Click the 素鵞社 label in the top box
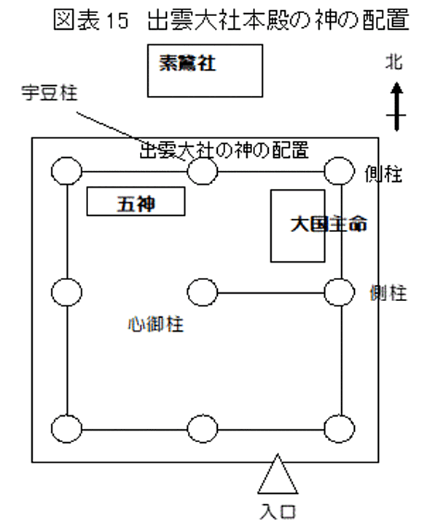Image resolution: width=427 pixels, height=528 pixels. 187,63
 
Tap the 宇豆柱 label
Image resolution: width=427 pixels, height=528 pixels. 50,92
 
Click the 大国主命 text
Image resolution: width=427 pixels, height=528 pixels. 329,224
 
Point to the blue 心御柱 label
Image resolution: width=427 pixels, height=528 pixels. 156,324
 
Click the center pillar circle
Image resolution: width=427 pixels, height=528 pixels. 203,292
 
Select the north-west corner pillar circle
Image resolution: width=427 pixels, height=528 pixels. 67,171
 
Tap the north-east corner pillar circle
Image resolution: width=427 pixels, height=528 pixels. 340,171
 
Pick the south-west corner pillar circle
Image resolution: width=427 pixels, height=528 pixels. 67,428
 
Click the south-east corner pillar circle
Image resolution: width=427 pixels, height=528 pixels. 340,428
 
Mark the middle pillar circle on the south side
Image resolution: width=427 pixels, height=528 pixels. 203,428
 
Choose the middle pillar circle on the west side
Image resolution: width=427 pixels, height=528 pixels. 67,292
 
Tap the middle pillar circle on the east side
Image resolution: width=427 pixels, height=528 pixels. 340,292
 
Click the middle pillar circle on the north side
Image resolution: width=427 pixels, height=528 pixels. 203,171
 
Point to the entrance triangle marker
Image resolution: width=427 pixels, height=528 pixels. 278,474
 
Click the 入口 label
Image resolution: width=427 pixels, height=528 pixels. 278,512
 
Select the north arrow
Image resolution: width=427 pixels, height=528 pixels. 396,106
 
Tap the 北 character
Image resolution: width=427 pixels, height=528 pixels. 394,62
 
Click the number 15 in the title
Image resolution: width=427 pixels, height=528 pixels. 117,20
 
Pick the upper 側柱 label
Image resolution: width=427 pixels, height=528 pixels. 383,174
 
